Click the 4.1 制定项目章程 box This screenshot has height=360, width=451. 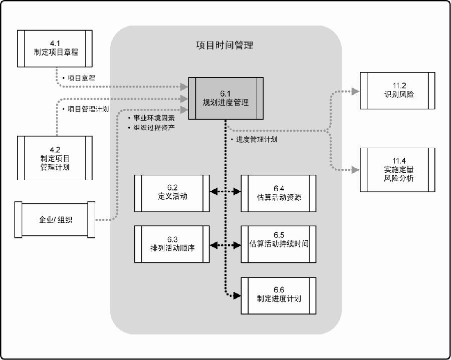point(55,48)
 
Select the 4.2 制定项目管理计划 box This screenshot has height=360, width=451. point(55,158)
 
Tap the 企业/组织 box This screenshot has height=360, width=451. point(56,219)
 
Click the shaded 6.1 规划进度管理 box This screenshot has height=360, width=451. point(227,98)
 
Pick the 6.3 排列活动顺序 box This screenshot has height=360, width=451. point(172,244)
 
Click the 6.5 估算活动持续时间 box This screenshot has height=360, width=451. point(279,244)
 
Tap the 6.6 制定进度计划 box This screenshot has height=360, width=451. point(279,295)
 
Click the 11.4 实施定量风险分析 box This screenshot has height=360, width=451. point(397,171)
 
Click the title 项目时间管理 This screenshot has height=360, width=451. point(224,46)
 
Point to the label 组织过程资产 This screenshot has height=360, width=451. point(153,127)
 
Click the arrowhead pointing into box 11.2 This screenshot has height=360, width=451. point(355,91)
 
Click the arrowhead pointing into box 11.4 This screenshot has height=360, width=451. point(355,170)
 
